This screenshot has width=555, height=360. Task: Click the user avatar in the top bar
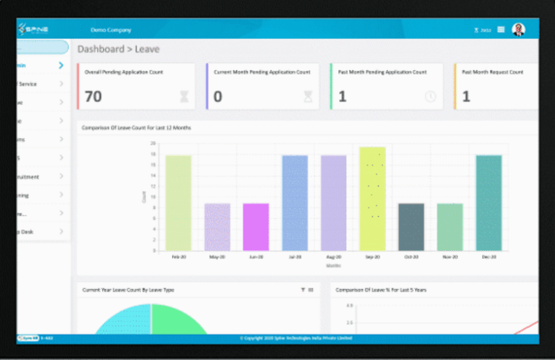pyautogui.click(x=518, y=30)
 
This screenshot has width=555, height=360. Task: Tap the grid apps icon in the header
pyautogui.click(x=501, y=30)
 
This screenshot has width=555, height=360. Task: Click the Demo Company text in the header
pyautogui.click(x=111, y=30)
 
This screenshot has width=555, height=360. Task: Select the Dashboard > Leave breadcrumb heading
pyautogui.click(x=119, y=49)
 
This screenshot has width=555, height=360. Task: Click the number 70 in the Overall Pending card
pyautogui.click(x=93, y=96)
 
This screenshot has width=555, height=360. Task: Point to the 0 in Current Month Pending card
pyautogui.click(x=218, y=96)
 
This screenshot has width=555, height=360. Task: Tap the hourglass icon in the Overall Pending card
pyautogui.click(x=184, y=96)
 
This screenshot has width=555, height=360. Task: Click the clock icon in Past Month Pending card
pyautogui.click(x=431, y=96)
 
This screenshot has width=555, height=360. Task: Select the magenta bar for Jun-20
pyautogui.click(x=256, y=227)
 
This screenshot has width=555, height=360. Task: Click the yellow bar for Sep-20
pyautogui.click(x=372, y=199)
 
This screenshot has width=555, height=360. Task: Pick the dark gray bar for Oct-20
pyautogui.click(x=411, y=227)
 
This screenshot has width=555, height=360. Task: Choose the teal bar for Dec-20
pyautogui.click(x=489, y=203)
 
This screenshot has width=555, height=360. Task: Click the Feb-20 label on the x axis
pyautogui.click(x=178, y=257)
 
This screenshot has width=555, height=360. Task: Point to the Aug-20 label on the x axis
pyautogui.click(x=333, y=257)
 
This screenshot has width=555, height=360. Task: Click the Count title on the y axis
pyautogui.click(x=144, y=197)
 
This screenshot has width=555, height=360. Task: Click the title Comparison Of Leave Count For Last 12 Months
pyautogui.click(x=137, y=128)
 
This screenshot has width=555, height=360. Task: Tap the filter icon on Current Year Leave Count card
pyautogui.click(x=303, y=290)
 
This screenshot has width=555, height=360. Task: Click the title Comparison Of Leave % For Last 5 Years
pyautogui.click(x=381, y=290)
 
